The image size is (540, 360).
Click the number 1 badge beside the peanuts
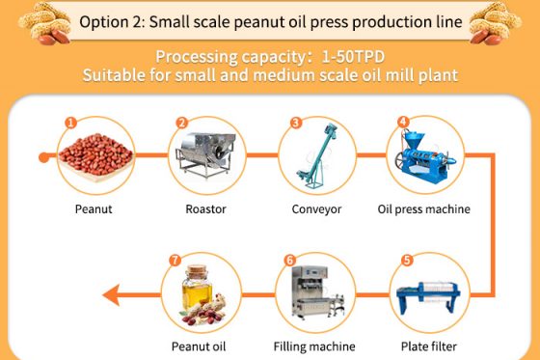70,123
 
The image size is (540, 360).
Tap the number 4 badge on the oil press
403,122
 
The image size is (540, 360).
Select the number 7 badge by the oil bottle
175,260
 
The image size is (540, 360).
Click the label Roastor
205,209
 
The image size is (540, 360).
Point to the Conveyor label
316,209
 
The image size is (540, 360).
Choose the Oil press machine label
424,209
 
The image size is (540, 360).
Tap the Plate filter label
429,346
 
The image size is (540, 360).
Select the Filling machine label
314,346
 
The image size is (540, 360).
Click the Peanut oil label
199,346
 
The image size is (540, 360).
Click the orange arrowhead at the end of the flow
111,294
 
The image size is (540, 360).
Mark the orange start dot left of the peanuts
43,157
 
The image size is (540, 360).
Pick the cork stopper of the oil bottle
197,270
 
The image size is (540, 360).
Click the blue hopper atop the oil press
414,139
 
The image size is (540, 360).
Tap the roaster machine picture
206,154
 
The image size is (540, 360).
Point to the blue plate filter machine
428,296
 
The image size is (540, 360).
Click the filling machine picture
317,291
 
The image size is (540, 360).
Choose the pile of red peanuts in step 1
95,154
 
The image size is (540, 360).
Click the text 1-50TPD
353,57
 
